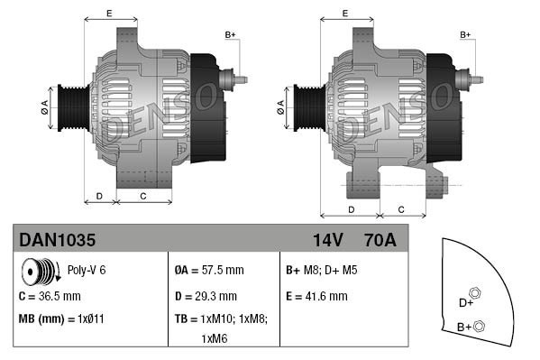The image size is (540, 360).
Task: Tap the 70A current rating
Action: point(379,241)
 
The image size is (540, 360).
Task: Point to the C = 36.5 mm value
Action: point(50,295)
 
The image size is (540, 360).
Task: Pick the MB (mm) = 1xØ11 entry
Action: point(61,318)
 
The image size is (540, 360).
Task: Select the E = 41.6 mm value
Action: point(316,295)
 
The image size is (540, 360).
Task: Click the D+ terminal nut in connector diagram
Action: point(476,293)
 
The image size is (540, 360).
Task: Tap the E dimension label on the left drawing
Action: point(109,13)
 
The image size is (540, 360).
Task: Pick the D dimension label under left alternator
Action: point(99,195)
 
